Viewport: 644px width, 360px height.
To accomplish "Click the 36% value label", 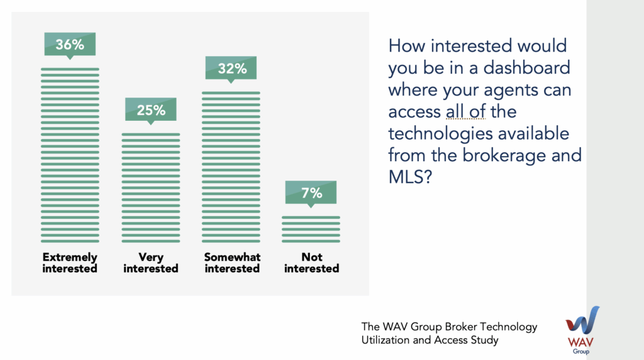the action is coord(70,45).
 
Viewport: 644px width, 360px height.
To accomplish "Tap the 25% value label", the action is coord(151,110).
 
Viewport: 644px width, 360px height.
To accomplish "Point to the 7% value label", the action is coord(311,193).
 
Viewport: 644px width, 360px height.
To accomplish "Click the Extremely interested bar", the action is coord(70,155).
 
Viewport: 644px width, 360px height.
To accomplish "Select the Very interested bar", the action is coord(151,188).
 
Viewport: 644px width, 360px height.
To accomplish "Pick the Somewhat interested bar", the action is coord(231,167).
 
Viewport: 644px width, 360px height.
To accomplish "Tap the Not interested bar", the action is coord(311,229).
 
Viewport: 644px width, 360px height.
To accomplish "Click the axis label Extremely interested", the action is coord(70,262).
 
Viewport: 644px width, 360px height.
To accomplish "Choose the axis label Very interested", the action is coord(151,262).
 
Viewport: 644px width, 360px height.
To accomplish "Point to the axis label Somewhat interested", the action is coord(232,262).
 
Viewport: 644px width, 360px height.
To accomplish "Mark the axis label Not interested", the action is coord(312,262).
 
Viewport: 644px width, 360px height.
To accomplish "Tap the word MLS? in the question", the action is coord(410,177).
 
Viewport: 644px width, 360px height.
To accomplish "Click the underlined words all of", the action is coord(466,111).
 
